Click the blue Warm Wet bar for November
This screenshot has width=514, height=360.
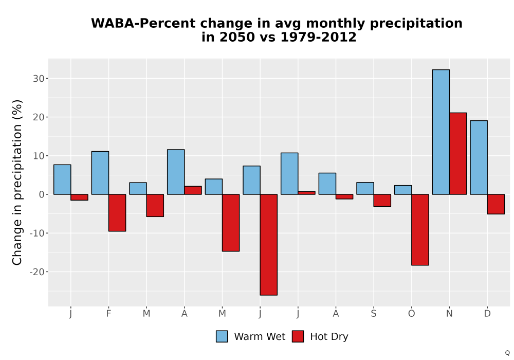[x=441, y=132]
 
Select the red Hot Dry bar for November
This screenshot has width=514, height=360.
[x=458, y=153]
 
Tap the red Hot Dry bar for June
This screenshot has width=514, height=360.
[x=269, y=245]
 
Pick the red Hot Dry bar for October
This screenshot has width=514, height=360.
[x=420, y=229]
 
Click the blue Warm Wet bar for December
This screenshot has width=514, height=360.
[x=479, y=157]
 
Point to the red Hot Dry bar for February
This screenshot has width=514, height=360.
[x=117, y=213]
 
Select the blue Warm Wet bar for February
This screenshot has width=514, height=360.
[x=100, y=173]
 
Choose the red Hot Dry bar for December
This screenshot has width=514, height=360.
[x=496, y=204]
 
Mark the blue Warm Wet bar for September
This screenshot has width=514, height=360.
[x=365, y=188]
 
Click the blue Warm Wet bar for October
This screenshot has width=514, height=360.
[x=403, y=190]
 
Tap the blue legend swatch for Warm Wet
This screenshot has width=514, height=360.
[x=222, y=336]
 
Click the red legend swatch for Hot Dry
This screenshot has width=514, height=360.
[x=298, y=336]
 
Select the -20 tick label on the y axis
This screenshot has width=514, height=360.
[x=37, y=272]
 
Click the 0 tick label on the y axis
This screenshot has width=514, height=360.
[x=42, y=195]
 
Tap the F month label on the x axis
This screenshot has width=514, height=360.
[x=108, y=314]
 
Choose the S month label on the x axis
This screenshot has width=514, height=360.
[x=374, y=314]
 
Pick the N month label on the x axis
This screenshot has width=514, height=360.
[x=449, y=314]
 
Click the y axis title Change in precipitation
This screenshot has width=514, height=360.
[x=17, y=182]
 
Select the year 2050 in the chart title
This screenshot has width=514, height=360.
[x=237, y=37]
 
